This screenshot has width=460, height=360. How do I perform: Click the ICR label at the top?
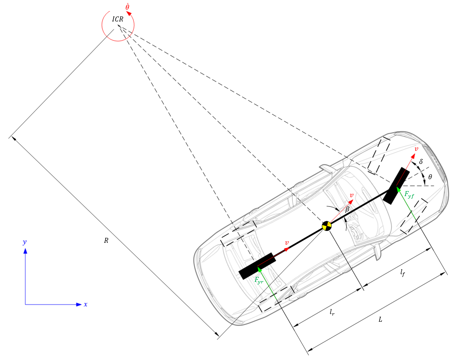click(118, 19)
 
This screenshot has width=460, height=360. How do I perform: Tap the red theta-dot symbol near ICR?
click(127, 7)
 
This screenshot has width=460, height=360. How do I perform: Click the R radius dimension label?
click(106, 241)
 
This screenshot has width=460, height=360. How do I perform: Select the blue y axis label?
click(25, 242)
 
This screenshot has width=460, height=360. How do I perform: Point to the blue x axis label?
click(85, 304)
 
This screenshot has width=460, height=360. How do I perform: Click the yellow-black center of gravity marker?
click(327, 226)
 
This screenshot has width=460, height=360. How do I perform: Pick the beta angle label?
click(347, 209)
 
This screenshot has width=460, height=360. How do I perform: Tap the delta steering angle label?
click(421, 162)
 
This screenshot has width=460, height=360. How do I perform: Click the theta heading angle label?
click(430, 177)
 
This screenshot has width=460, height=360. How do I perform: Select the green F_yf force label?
click(409, 195)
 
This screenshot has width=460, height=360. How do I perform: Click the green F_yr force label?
click(259, 280)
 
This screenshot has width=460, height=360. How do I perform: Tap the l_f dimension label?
click(402, 273)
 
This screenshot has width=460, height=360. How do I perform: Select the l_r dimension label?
click(332, 313)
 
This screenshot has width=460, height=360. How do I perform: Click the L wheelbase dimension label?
click(380, 320)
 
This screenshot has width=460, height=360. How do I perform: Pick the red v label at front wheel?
click(416, 149)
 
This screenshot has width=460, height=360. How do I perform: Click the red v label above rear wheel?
click(287, 243)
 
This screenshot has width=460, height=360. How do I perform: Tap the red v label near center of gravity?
click(351, 195)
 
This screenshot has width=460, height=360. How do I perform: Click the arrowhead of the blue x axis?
click(79, 304)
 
